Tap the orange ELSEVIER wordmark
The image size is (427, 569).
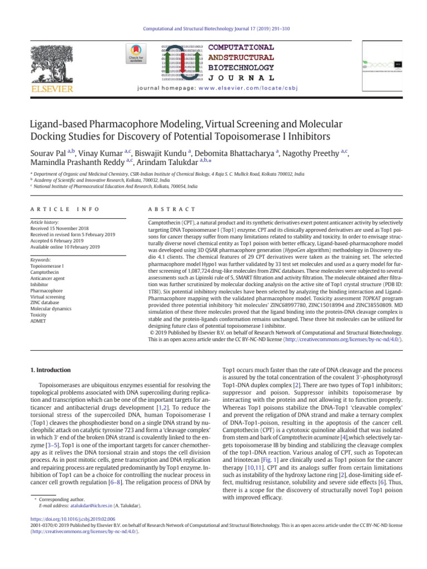coord(52,89)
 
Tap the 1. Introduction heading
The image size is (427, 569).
coord(49,370)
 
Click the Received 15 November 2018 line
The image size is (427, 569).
coord(60,228)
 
